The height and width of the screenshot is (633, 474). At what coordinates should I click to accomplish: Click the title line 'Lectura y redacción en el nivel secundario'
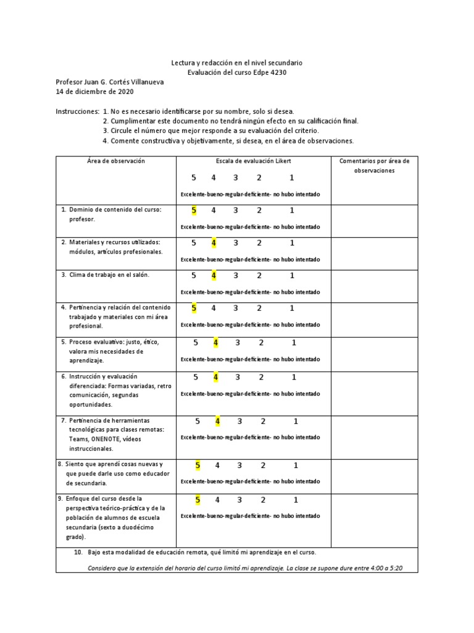coord(237,64)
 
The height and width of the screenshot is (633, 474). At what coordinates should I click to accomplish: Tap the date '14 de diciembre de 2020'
coord(94,92)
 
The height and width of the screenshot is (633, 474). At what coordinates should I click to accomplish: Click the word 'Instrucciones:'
coord(77,111)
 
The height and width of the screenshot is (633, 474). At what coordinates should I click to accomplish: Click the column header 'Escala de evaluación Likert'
coord(253,161)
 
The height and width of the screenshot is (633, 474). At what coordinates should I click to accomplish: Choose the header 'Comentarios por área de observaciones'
coord(375,166)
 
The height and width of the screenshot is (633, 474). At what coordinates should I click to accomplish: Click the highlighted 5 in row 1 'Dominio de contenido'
coord(194,211)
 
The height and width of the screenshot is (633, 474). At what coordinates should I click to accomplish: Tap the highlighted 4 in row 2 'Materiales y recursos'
coord(214,243)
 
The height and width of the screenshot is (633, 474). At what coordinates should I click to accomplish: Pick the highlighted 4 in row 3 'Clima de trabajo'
coord(214,276)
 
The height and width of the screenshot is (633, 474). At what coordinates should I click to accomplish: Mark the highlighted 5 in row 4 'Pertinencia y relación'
coord(194,308)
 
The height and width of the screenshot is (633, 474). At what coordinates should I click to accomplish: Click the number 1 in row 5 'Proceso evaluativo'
coord(294,342)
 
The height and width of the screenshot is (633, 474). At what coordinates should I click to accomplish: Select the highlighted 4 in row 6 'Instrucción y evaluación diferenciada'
coord(215,377)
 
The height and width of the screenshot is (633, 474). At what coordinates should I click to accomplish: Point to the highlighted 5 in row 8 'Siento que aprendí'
coord(197,465)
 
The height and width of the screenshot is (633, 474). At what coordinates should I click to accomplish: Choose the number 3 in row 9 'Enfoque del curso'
coord(239,500)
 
